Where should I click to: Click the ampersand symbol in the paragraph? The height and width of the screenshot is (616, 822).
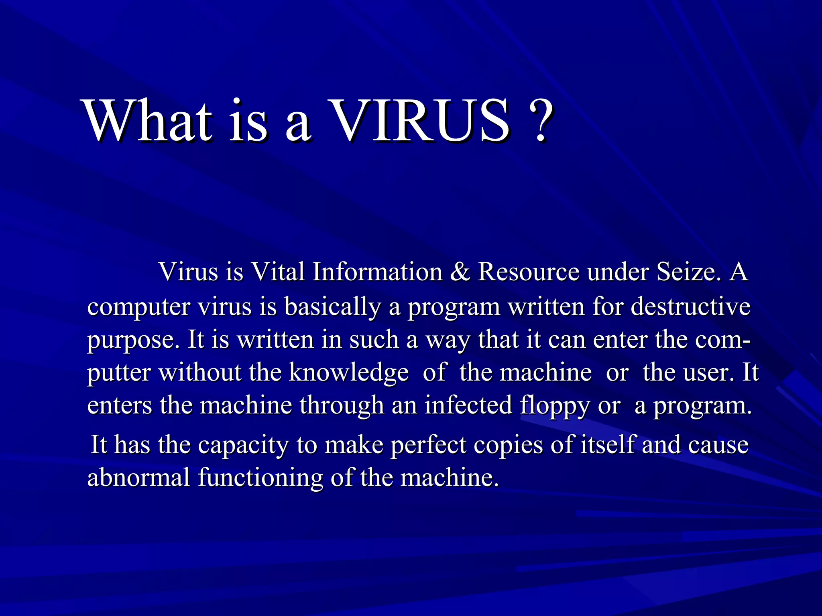[460, 272]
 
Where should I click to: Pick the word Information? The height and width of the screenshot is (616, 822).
[377, 272]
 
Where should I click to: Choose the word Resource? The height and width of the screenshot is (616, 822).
[529, 272]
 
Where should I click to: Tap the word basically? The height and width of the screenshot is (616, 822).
[332, 307]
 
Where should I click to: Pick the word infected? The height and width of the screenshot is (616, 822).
[468, 405]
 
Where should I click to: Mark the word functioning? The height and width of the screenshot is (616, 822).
[260, 478]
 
